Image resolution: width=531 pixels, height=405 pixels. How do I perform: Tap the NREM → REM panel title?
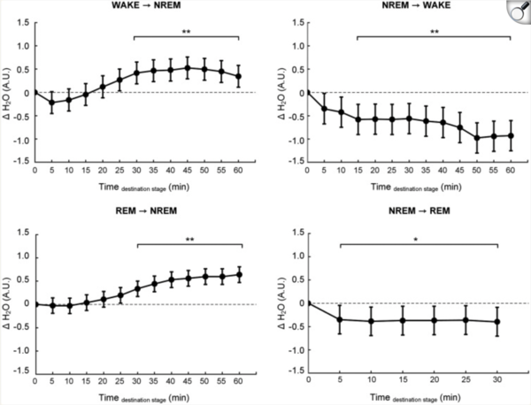tap(409, 221)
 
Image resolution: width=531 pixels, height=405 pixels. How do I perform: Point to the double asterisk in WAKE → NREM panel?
tap(187, 32)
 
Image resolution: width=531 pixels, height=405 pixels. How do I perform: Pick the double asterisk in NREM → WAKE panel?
tap(433, 32)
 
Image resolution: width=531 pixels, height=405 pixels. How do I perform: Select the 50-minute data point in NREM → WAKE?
tap(476, 138)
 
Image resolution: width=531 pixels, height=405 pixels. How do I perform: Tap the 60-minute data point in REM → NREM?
tap(238, 274)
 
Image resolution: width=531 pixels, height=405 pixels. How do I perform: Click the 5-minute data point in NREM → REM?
tap(340, 319)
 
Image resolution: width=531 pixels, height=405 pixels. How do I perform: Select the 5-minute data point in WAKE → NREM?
tap(51, 103)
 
